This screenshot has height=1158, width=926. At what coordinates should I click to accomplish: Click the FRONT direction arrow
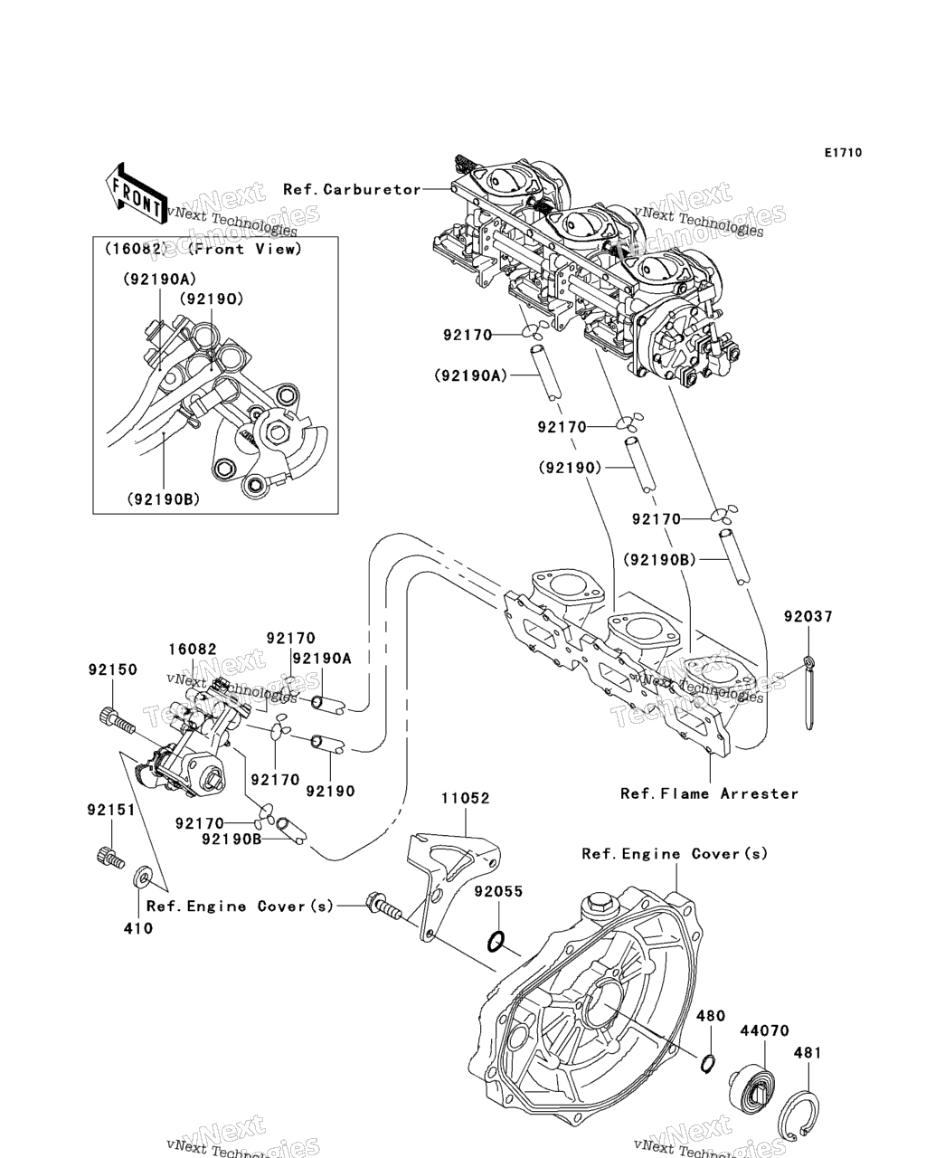click(133, 192)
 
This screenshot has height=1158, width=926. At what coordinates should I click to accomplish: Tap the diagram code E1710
click(842, 153)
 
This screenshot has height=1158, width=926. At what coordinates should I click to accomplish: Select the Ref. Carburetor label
click(352, 189)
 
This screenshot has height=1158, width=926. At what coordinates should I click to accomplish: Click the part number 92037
click(808, 617)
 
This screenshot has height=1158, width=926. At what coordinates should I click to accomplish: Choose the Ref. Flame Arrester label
click(709, 793)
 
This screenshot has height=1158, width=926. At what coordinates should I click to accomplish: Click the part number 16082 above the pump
click(192, 650)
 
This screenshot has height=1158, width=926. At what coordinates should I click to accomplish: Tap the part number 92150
click(112, 670)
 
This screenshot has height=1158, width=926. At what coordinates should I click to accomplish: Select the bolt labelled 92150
click(116, 721)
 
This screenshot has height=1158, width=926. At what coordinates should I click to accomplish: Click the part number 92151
click(111, 810)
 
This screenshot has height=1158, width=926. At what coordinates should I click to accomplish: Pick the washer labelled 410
click(142, 877)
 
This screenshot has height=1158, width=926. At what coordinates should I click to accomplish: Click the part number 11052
click(465, 799)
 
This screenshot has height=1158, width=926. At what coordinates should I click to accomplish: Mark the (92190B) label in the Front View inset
click(163, 499)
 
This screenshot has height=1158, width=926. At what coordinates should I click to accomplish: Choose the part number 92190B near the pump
click(231, 840)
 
